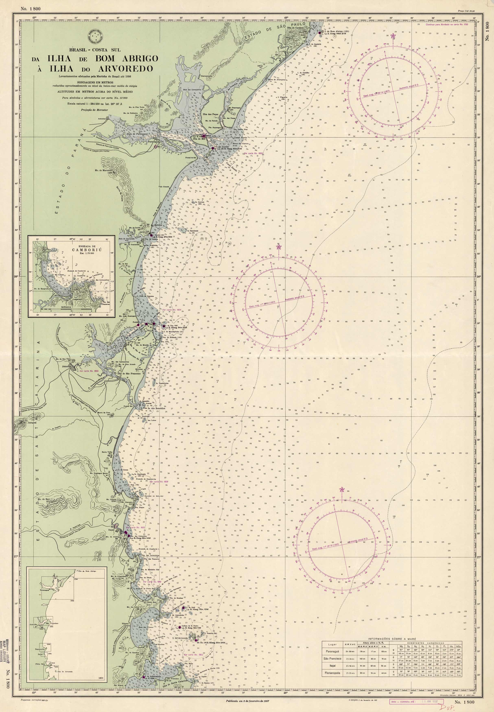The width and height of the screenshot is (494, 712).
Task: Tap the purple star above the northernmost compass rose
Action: coord(393,36)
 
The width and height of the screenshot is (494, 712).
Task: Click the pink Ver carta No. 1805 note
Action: coord(89,370)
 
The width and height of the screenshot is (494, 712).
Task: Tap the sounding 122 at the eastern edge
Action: coord(466,453)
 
